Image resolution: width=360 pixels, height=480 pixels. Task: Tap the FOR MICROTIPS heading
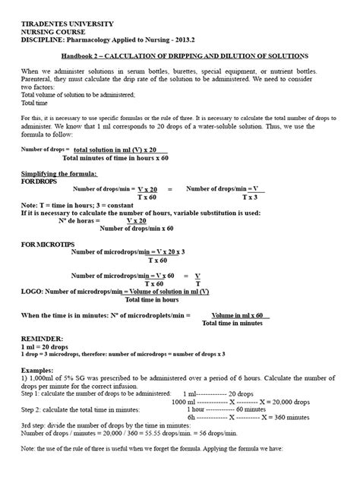click(52, 247)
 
